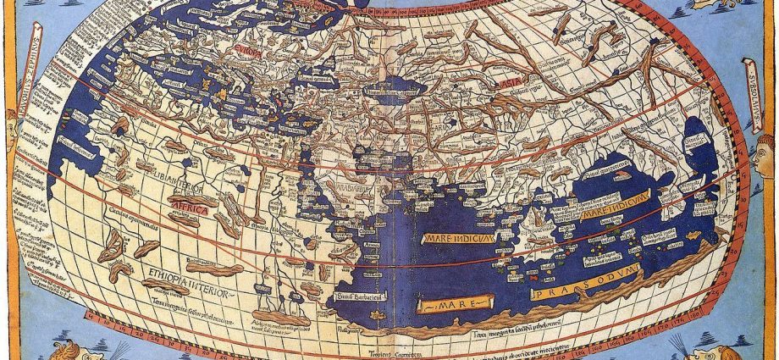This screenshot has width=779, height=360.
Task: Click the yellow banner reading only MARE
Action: (456, 302)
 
